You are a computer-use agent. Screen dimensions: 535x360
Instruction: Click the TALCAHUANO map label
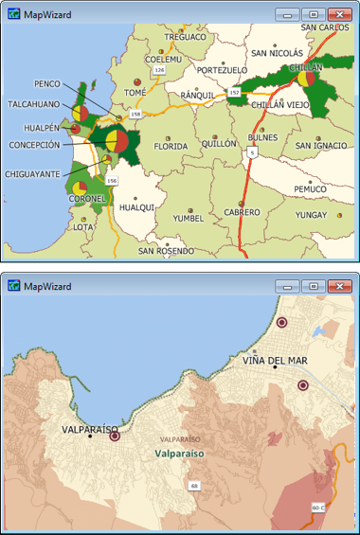(x=34, y=104)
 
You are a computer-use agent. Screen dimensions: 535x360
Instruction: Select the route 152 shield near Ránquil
(x=233, y=93)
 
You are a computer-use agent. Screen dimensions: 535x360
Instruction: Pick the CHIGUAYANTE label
(x=33, y=174)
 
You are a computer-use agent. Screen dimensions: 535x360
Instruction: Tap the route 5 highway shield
(x=251, y=152)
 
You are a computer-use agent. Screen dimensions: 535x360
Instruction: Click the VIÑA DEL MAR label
(x=274, y=361)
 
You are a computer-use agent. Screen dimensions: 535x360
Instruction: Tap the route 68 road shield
(x=194, y=486)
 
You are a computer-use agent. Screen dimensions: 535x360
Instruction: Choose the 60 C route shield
(x=317, y=508)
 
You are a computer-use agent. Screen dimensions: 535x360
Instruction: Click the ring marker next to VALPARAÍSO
(x=115, y=437)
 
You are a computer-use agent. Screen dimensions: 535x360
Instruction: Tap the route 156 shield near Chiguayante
(x=112, y=180)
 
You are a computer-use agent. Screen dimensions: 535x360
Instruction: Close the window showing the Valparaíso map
(x=339, y=285)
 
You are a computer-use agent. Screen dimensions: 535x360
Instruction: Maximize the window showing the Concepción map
(x=315, y=15)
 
